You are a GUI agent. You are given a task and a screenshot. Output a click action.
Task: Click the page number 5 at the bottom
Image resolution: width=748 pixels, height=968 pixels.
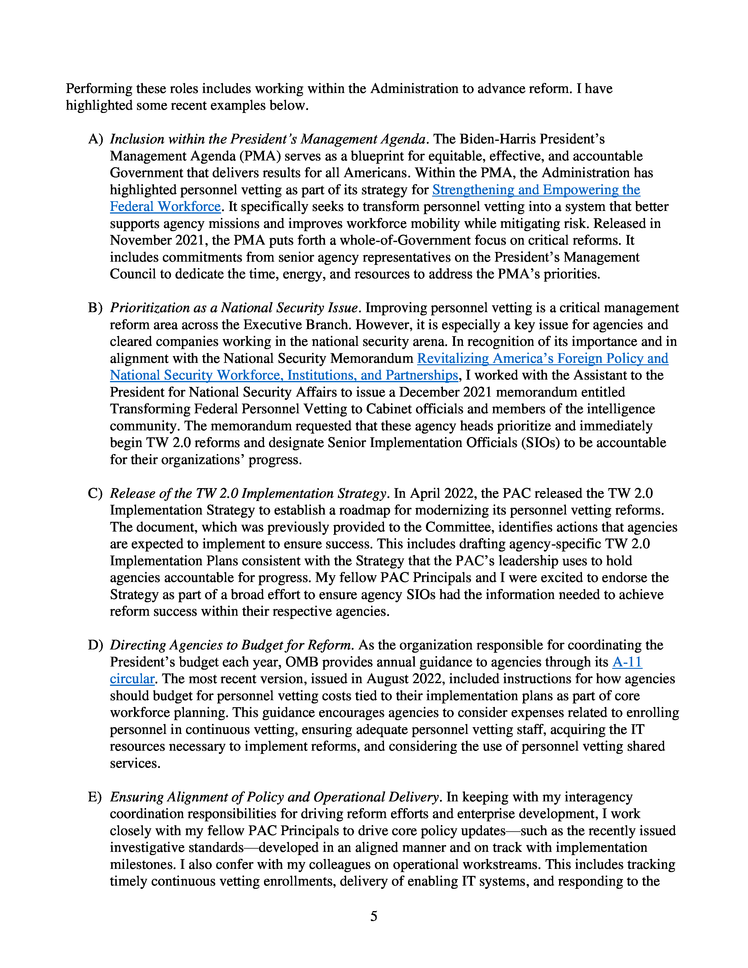pyautogui.click(x=373, y=916)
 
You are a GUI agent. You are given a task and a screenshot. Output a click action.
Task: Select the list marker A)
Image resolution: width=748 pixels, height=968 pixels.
pyautogui.click(x=95, y=139)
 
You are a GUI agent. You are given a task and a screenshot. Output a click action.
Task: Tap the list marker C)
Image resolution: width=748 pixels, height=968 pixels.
pyautogui.click(x=95, y=493)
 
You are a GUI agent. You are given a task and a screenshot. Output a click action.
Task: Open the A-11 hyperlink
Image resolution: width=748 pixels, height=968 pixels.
pyautogui.click(x=627, y=662)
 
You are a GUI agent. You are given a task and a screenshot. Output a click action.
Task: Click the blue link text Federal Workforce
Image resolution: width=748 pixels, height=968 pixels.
pyautogui.click(x=165, y=207)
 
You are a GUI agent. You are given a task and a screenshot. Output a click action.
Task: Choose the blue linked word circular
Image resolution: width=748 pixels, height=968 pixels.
pyautogui.click(x=132, y=679)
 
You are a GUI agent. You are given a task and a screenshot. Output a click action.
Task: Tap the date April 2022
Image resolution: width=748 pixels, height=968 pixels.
pyautogui.click(x=442, y=493)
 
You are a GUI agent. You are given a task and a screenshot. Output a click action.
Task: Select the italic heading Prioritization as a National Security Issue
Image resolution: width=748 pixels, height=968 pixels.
pyautogui.click(x=233, y=308)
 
